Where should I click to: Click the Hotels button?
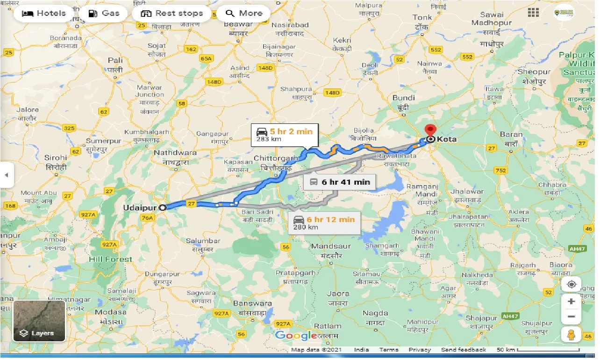tap(44, 13)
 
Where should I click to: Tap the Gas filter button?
tap(104, 13)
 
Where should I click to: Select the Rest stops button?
tap(172, 13)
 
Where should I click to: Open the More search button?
tap(243, 13)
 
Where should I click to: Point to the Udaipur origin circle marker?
tap(162, 208)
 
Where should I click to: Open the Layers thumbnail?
tap(39, 321)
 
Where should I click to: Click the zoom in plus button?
tap(571, 302)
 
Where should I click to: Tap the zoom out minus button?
tap(571, 317)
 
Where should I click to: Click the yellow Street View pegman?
tap(571, 335)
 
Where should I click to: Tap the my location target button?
tap(571, 284)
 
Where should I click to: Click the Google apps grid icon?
tap(533, 13)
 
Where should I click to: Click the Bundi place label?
tap(404, 98)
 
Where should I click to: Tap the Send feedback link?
tap(463, 350)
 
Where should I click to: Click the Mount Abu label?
tap(38, 193)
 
